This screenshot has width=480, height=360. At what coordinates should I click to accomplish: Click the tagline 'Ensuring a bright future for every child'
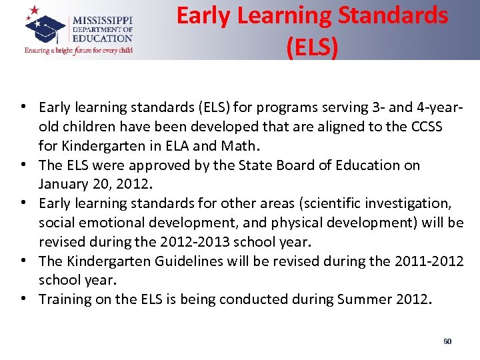point(79,50)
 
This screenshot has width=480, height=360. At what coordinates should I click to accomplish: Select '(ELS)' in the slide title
point(312,46)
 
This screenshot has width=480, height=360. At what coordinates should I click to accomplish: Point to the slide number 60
point(447,341)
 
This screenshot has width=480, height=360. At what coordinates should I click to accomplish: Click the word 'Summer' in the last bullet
point(355,299)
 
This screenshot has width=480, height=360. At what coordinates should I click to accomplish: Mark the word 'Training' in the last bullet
point(65,299)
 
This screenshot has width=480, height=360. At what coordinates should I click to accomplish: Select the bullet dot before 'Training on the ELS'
point(23,299)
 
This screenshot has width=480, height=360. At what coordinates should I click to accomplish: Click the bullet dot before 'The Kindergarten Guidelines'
point(23,261)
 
